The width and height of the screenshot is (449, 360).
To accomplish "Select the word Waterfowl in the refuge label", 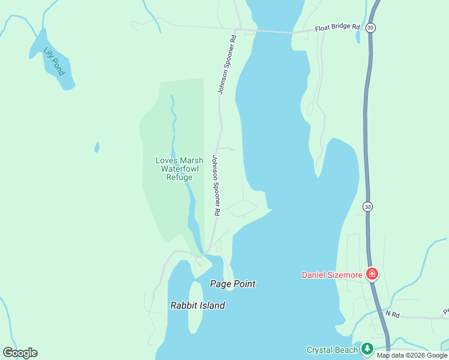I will [180, 169].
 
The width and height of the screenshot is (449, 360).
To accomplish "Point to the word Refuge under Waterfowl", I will [180, 177].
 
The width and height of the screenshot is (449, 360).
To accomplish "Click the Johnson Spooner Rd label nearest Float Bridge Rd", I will [227, 64].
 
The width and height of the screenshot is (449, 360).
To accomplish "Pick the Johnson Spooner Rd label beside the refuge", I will [215, 185].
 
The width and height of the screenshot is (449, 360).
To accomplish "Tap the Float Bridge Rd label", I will [337, 28].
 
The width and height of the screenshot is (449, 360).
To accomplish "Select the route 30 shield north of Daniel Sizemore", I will [367, 206].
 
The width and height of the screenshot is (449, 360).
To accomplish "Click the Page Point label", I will [233, 284].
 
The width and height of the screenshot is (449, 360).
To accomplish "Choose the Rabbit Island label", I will [197, 305].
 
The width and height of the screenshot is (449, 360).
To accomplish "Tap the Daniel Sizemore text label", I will [332, 275].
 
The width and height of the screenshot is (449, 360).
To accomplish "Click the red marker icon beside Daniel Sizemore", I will [372, 274].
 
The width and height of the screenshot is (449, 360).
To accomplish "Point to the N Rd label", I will [392, 313].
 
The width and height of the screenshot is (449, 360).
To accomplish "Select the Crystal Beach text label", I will [332, 350].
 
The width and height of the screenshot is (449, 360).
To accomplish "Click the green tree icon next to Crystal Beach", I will [367, 349].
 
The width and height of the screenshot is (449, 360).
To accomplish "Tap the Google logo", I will [20, 353].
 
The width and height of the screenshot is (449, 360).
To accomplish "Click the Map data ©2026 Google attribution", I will [412, 355].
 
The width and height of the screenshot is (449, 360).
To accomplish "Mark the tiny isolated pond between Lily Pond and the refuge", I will [97, 147].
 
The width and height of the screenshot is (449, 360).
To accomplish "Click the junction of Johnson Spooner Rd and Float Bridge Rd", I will [237, 29].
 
